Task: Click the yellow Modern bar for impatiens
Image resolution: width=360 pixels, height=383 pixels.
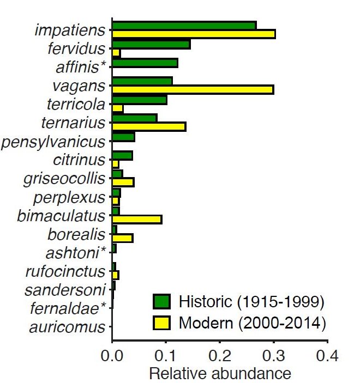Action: pos(193,34)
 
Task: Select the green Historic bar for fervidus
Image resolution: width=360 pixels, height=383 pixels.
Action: pos(151,45)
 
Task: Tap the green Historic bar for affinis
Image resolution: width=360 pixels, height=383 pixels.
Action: pos(145,63)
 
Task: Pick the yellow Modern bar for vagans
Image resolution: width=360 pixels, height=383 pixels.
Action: pos(192,90)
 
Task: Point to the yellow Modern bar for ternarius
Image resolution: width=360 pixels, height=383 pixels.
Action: pos(148,127)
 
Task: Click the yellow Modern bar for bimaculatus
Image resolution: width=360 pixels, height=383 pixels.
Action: pos(136,220)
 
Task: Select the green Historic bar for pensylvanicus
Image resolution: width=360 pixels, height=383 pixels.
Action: pos(123,137)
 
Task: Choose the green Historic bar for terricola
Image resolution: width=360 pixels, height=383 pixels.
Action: pos(139,100)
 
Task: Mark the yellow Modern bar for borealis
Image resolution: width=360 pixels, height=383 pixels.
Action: pos(122,238)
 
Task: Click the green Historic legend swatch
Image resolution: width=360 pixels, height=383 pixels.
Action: pos(162,301)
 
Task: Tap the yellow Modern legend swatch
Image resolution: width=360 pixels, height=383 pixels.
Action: pos(162,323)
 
